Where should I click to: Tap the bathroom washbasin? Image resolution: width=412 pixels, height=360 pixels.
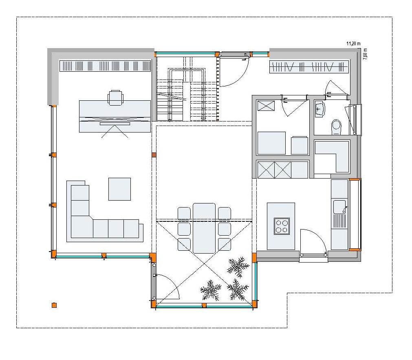click(x=319, y=109)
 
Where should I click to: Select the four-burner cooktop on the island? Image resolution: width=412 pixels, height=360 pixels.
click(x=281, y=226)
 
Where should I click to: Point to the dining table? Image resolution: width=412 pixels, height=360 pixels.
click(x=204, y=228)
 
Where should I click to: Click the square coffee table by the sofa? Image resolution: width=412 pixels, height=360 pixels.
click(x=119, y=189)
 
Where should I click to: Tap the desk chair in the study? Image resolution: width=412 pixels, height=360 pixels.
click(x=115, y=97)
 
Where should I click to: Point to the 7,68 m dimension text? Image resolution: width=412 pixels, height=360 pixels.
click(x=365, y=53)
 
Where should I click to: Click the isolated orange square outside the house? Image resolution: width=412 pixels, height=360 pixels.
click(x=54, y=305)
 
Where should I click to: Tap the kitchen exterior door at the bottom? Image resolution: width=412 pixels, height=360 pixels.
click(x=313, y=245)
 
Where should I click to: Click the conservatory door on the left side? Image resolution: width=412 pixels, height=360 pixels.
click(x=167, y=285)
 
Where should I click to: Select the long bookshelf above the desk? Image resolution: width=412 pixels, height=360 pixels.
click(x=106, y=66)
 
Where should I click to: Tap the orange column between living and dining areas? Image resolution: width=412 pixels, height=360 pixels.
click(x=154, y=155)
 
